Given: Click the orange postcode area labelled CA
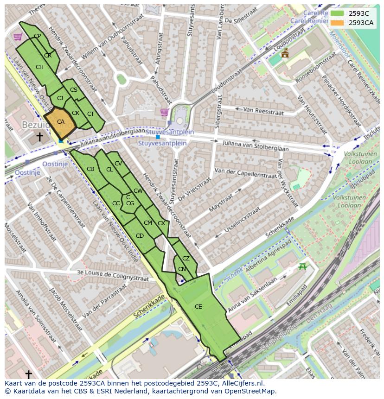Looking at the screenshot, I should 60,122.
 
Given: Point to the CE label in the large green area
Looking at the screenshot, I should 198,307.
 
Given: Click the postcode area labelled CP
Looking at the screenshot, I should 37,36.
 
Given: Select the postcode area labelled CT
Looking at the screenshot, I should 91,114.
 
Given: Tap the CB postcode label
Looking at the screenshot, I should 90,169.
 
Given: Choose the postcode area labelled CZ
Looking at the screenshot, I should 186,259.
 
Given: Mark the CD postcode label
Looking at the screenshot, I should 140,236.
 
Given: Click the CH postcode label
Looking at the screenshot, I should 39,67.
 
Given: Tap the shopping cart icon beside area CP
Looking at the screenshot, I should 18,37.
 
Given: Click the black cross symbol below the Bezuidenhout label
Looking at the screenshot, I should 39,137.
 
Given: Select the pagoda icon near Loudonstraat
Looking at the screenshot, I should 285,53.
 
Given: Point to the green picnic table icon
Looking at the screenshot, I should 303,266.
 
